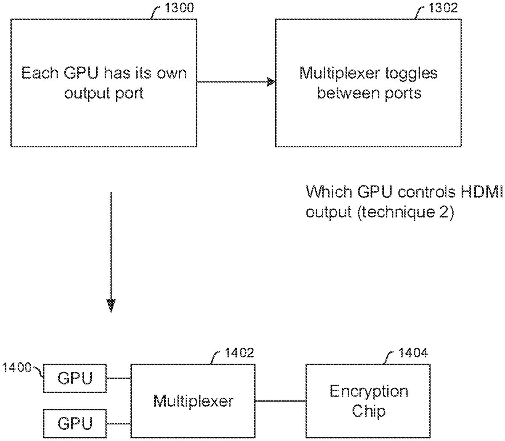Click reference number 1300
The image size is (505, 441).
pos(179,8)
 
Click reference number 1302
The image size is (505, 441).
pos(443,8)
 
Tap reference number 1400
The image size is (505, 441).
pos(16,367)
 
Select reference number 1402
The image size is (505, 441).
pos(239,352)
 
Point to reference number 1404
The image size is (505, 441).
pos(413,352)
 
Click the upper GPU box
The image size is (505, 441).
pos(75,378)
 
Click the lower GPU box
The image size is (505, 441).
pos(75,423)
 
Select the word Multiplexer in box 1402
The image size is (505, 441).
pos(193,401)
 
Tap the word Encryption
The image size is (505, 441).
pos(369,391)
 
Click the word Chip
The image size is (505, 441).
pos(369,410)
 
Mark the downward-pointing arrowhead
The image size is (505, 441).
pos(111,305)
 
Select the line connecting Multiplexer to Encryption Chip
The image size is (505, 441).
pos(280,401)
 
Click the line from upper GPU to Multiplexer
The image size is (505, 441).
pos(118,378)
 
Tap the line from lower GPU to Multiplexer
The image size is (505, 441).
pos(118,423)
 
